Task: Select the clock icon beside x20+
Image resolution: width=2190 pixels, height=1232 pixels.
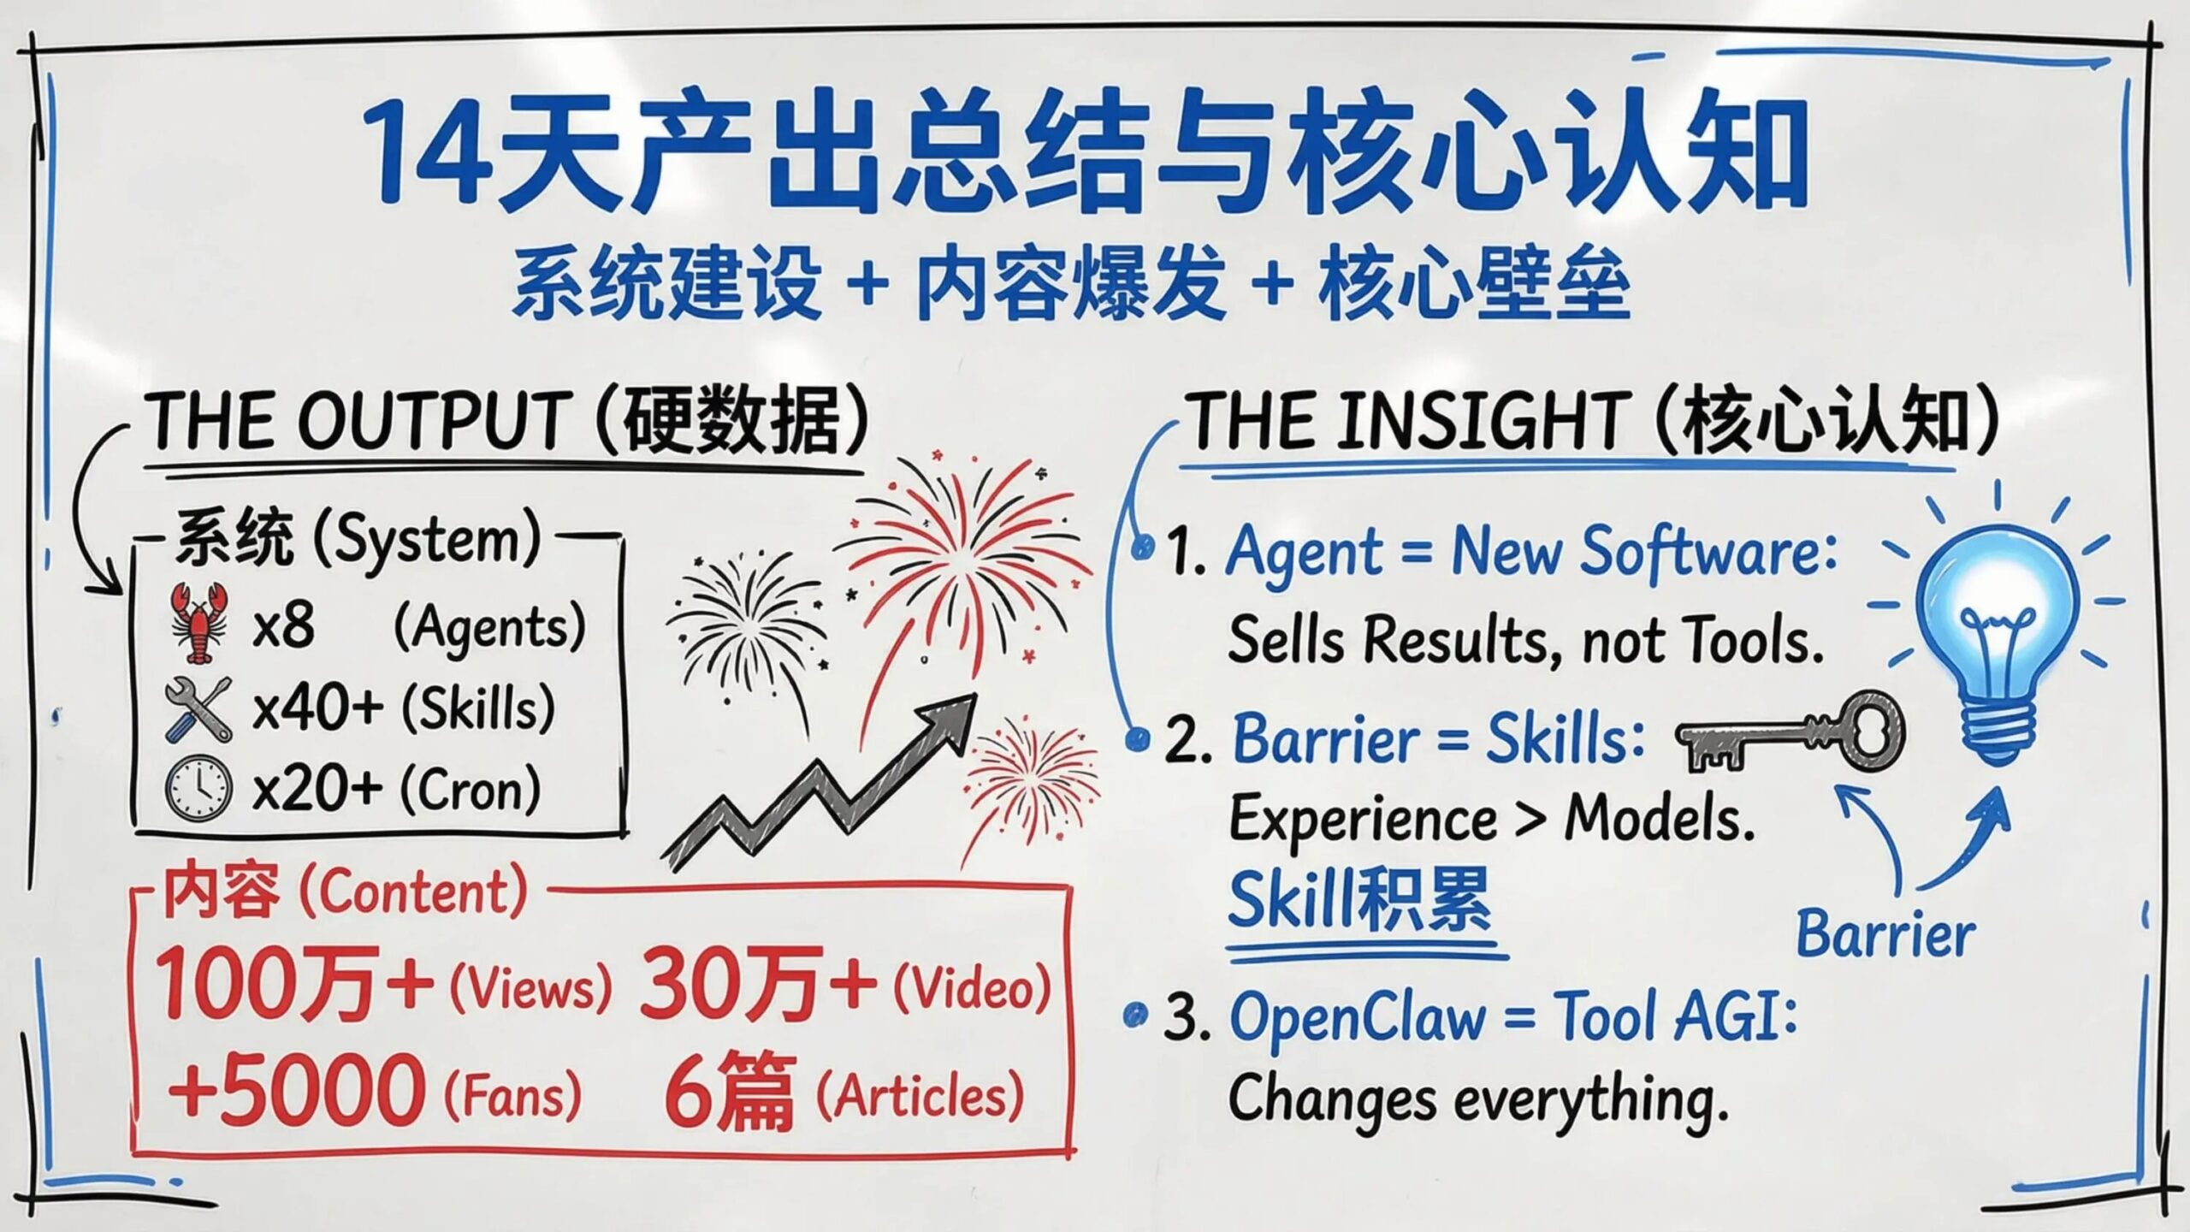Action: point(198,788)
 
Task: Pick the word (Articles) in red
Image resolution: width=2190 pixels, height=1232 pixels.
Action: point(920,1095)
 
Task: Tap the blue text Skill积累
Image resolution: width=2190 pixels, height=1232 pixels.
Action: point(1360,900)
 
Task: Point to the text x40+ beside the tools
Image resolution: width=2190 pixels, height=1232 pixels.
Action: point(317,708)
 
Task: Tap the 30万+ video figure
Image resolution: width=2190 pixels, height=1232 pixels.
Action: point(757,984)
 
